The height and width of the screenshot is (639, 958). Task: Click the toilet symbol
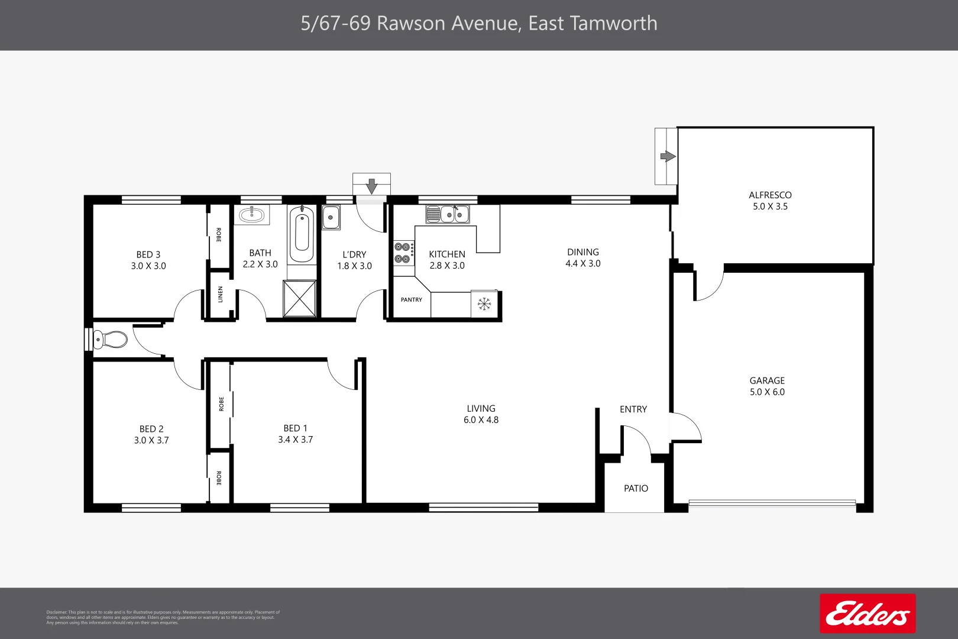click(111, 340)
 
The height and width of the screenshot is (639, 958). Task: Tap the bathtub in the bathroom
click(302, 234)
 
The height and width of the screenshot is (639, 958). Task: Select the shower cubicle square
click(300, 299)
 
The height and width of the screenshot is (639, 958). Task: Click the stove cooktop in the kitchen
click(403, 252)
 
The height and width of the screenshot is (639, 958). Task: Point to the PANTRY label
click(412, 300)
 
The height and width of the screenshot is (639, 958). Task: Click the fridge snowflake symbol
click(484, 304)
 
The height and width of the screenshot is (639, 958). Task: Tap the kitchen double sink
click(448, 214)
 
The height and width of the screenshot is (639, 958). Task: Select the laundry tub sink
click(331, 217)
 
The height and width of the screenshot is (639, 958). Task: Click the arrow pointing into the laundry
click(371, 186)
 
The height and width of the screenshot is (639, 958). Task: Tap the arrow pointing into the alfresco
click(668, 156)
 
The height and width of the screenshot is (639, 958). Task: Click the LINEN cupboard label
click(221, 294)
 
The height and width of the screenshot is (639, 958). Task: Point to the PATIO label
click(636, 489)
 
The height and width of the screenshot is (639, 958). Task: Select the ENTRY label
click(633, 409)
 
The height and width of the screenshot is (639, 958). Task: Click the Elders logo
click(868, 614)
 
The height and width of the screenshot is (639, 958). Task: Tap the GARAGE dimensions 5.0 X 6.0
click(767, 392)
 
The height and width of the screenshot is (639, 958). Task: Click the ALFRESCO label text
click(770, 195)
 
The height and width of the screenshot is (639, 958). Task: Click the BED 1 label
click(295, 428)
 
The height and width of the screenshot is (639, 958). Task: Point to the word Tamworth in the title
click(613, 23)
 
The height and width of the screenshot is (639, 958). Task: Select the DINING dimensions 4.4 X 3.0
click(582, 264)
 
